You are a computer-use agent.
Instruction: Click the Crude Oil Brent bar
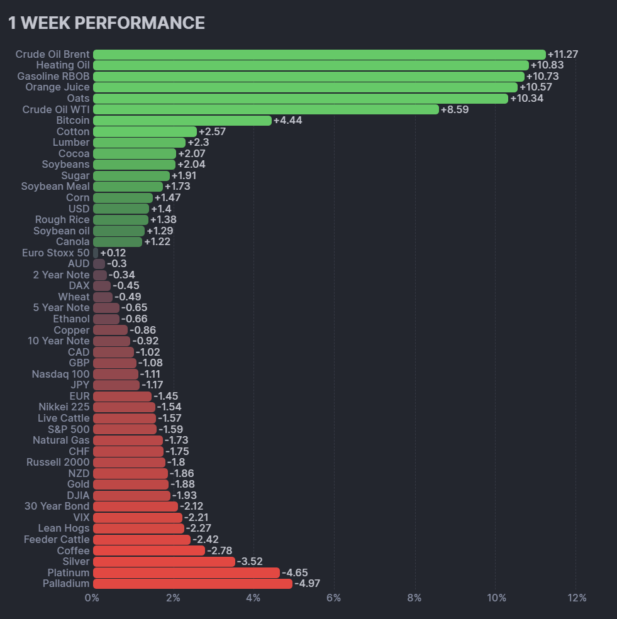[x=319, y=55]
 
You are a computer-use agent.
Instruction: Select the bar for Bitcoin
[x=182, y=121]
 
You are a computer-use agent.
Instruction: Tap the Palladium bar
[x=192, y=584]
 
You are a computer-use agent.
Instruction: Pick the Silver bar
[x=164, y=562]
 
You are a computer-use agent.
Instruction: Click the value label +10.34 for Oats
[x=526, y=99]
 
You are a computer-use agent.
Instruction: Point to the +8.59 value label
[x=455, y=109]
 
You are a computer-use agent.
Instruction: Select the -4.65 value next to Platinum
[x=295, y=573]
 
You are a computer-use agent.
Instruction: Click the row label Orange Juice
[x=57, y=87]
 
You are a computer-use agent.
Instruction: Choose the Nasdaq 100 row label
[x=60, y=375]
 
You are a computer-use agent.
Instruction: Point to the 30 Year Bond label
[x=57, y=507]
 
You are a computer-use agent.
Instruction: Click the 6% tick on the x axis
[x=334, y=598]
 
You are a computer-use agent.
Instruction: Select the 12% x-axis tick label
[x=576, y=598]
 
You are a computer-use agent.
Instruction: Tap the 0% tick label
[x=92, y=598]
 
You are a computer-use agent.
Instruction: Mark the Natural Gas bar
[x=128, y=441]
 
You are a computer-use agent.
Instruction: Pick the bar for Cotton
[x=145, y=132]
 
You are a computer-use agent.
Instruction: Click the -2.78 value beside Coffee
[x=220, y=551]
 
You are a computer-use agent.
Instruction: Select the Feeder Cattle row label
[x=57, y=540]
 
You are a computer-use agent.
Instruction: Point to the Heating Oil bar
[x=311, y=65]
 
